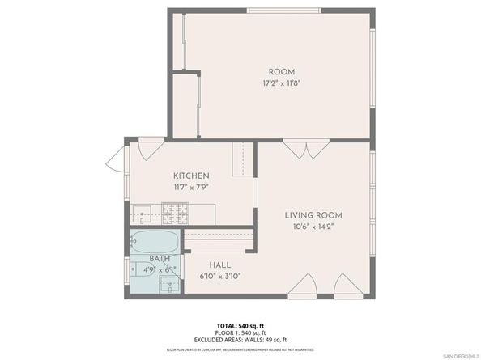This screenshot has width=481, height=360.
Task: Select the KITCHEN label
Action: coord(192,176)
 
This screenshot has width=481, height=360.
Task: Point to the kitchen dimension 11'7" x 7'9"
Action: coord(192,187)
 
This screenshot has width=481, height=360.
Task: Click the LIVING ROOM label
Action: coord(313,215)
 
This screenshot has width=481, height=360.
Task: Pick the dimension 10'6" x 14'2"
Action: coord(313,227)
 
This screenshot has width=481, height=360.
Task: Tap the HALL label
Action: coord(220,265)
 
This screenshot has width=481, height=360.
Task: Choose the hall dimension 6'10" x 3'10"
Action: coord(220,276)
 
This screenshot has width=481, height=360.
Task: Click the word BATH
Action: coord(160,259)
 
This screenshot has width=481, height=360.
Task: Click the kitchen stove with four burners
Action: coord(174,214)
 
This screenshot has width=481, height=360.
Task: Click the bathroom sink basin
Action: coord(168,283)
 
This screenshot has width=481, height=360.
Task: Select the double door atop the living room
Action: coord(295,150)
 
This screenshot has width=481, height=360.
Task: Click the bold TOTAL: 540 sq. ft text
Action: coord(240,325)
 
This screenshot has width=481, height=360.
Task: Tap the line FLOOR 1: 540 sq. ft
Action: coord(240,332)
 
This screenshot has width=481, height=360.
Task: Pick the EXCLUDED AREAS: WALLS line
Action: coord(240,340)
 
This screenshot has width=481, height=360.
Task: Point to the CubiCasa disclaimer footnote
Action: coord(240,349)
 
